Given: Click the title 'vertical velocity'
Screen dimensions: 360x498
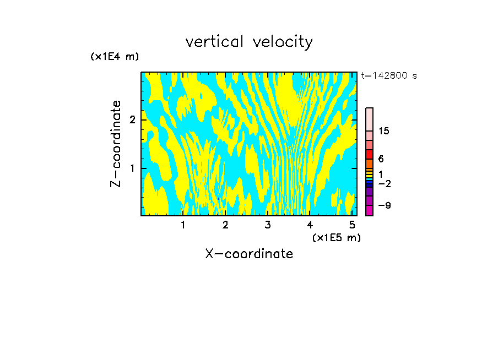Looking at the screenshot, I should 249,42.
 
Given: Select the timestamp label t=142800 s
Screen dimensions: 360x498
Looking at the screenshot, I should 388,76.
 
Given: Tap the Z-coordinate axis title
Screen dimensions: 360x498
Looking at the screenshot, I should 116,144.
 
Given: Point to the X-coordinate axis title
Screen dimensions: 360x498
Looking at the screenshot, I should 249,254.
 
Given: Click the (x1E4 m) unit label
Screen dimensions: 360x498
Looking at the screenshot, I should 115,57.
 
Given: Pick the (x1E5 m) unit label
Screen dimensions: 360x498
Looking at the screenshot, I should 336,237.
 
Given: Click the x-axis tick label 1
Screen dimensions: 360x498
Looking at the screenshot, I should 183,225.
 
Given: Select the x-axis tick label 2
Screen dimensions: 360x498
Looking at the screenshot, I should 225,225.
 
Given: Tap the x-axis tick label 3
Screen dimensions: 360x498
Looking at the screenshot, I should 268,225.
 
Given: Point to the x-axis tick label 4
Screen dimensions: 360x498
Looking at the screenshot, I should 310,225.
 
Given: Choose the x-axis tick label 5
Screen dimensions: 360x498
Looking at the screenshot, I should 352,225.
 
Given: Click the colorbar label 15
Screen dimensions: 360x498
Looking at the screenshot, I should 384,131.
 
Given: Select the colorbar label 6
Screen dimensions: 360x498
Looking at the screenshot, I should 381,159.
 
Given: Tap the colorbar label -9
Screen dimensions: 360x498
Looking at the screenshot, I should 384,205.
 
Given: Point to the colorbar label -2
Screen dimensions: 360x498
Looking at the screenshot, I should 384,183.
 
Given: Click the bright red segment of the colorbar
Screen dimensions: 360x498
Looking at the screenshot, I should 369,154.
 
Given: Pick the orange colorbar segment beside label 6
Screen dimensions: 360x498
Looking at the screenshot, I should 369,163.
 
